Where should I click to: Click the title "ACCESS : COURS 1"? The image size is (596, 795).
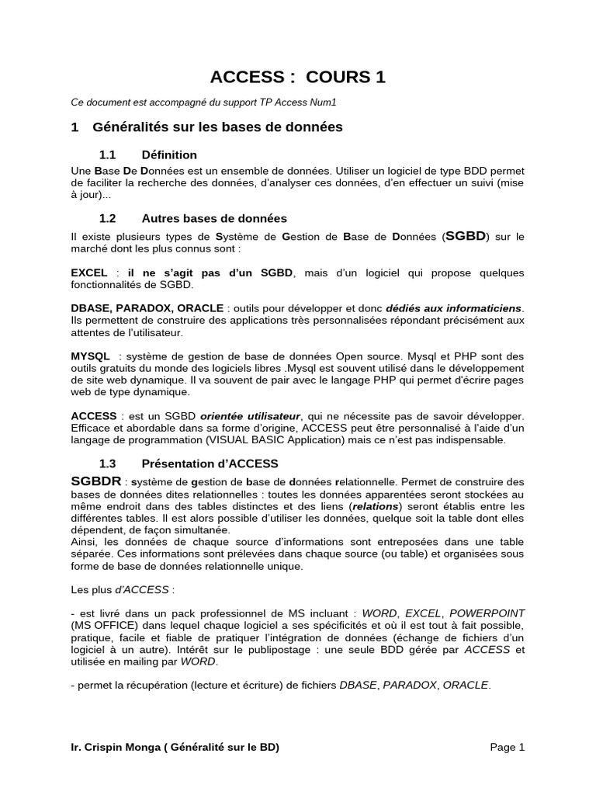point(298,77)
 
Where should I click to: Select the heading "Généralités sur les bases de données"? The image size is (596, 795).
point(217,127)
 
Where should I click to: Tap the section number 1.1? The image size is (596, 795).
point(108,154)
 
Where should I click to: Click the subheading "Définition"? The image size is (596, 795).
point(169,154)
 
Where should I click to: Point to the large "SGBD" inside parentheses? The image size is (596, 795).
point(466,235)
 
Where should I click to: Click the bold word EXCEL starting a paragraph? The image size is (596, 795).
point(89,273)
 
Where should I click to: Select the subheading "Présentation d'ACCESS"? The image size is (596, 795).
point(210,463)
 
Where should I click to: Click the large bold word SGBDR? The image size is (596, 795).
point(95,481)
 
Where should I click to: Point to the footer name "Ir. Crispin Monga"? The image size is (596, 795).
point(115,748)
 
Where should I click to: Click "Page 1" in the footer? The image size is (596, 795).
point(508,748)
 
